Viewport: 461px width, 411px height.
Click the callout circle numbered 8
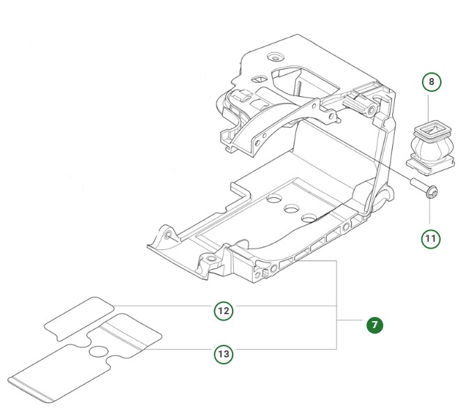[x=431, y=82]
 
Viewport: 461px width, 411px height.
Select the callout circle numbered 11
[x=431, y=239]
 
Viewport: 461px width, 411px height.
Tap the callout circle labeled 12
[x=223, y=311]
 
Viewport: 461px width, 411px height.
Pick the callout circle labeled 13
[x=223, y=355]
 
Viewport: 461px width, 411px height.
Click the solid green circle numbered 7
[x=375, y=325]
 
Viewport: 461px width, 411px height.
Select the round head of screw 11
[x=432, y=192]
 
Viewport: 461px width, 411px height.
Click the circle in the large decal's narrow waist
[x=99, y=353]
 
